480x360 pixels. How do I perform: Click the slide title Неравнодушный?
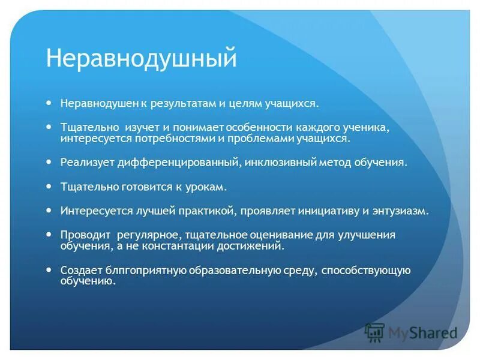click(142, 59)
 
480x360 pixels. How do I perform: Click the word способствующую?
click(365, 270)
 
